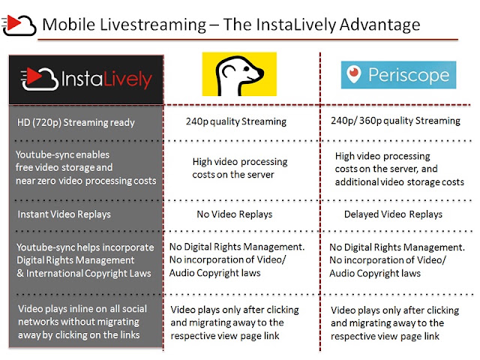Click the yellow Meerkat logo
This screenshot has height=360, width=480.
[239, 74]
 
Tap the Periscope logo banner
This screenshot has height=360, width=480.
[398, 75]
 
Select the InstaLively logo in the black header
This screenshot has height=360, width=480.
[86, 79]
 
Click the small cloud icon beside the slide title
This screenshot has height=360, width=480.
[19, 25]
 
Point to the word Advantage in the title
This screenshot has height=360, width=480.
[379, 25]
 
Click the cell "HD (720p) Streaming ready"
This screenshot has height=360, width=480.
[76, 122]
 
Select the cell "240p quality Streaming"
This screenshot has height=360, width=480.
[236, 121]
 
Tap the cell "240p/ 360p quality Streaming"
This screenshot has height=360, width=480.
[395, 121]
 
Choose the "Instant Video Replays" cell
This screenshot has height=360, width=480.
[64, 214]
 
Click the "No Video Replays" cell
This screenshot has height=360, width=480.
[235, 214]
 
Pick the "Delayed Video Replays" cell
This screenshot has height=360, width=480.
[393, 214]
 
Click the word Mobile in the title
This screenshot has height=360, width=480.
[68, 25]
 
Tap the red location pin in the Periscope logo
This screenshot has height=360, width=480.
[354, 73]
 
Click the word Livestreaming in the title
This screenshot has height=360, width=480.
[153, 25]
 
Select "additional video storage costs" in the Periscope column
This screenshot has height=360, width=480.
[400, 182]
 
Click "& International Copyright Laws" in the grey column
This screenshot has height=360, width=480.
[84, 273]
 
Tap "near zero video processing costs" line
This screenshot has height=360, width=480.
[86, 181]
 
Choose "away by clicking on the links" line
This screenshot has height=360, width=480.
[79, 335]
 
